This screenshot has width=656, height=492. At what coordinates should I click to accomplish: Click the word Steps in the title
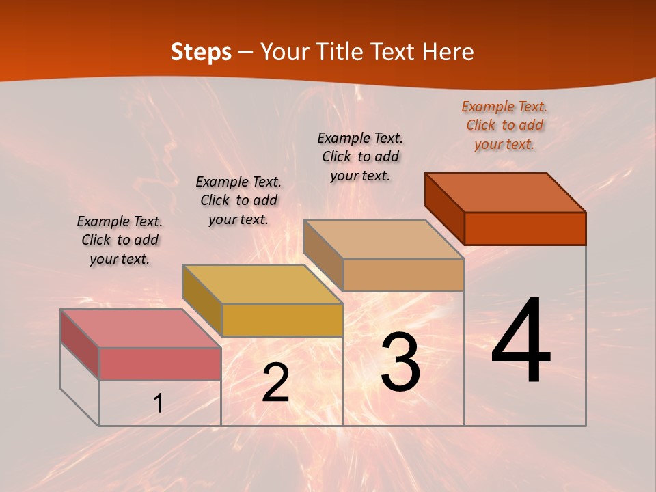(x=201, y=52)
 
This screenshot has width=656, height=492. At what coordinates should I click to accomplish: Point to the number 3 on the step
(x=400, y=361)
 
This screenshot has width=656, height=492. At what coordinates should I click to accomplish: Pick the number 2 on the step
(x=275, y=383)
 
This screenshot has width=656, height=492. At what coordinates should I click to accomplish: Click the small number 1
(x=158, y=403)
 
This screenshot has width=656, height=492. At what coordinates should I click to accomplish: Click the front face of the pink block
(x=160, y=364)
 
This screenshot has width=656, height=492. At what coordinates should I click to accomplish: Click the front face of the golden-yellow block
(x=282, y=320)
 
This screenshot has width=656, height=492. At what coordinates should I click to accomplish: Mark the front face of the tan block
(x=403, y=275)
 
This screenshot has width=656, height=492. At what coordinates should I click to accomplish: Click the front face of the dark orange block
(x=525, y=228)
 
